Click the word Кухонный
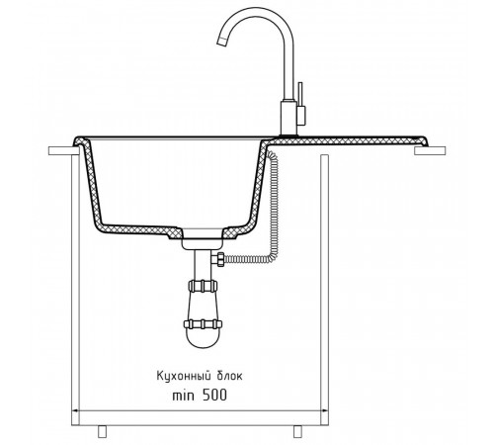(x=184, y=377)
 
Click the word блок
(x=229, y=376)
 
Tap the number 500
(x=214, y=395)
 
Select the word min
(x=184, y=396)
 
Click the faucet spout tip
(x=221, y=43)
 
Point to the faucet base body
(x=288, y=118)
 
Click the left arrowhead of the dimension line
(x=74, y=410)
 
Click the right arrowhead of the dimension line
(x=325, y=410)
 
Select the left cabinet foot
(x=103, y=431)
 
